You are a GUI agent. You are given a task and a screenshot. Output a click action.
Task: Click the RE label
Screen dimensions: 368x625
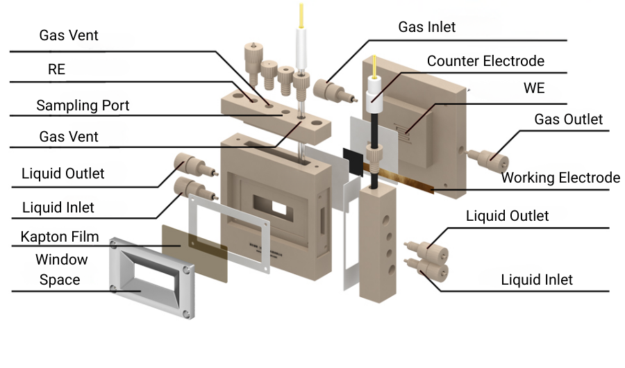tap(56, 70)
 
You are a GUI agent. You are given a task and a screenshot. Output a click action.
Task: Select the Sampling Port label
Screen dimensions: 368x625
tap(83, 106)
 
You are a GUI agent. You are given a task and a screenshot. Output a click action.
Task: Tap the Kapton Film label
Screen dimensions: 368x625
tap(60, 236)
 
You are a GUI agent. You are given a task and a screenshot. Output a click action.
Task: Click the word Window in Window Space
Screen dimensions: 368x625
tap(62, 260)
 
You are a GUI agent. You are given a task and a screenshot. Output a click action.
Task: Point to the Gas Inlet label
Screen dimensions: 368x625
tap(426, 27)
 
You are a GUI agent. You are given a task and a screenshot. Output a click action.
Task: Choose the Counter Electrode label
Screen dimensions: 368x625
tap(485, 61)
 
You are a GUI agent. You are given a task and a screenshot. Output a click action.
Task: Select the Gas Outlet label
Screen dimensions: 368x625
tap(568, 119)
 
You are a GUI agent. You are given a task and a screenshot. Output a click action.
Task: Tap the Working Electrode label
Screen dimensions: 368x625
tap(560, 177)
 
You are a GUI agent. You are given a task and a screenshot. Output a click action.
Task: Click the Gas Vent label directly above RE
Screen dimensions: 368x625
tap(69, 35)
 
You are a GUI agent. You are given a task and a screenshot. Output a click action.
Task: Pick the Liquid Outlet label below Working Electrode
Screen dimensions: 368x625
tap(507, 216)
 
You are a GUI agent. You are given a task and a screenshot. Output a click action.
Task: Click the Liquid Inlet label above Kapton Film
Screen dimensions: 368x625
tap(58, 207)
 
